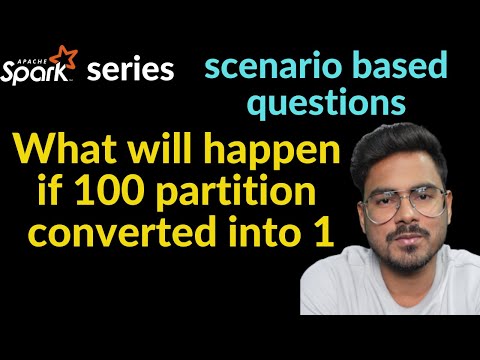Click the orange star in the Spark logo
pyautogui.click(x=68, y=52)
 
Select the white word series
pyautogui.click(x=130, y=70)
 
